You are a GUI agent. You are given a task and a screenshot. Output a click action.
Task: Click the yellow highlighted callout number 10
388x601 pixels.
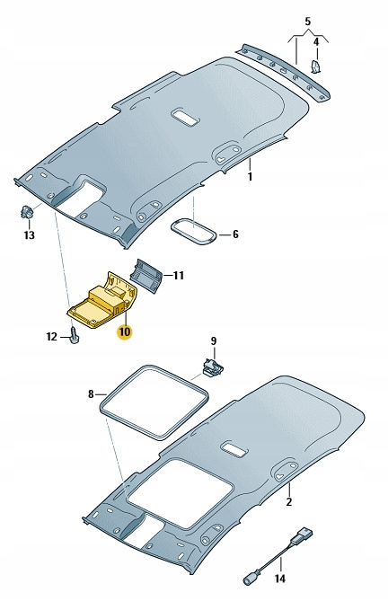[125, 331]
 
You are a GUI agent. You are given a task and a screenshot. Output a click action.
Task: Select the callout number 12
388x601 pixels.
[52, 337]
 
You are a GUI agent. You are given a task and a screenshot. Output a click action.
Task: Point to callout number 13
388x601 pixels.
[29, 234]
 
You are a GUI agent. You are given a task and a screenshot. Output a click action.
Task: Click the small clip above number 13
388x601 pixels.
[26, 211]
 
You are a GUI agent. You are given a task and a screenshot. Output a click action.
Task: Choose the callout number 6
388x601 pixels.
[235, 234]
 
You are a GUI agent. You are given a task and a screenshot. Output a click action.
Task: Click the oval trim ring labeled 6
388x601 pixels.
[193, 230]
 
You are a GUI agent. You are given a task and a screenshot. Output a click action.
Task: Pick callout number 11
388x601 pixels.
[179, 276]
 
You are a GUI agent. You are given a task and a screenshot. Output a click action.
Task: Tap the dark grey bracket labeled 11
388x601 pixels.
[146, 275]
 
